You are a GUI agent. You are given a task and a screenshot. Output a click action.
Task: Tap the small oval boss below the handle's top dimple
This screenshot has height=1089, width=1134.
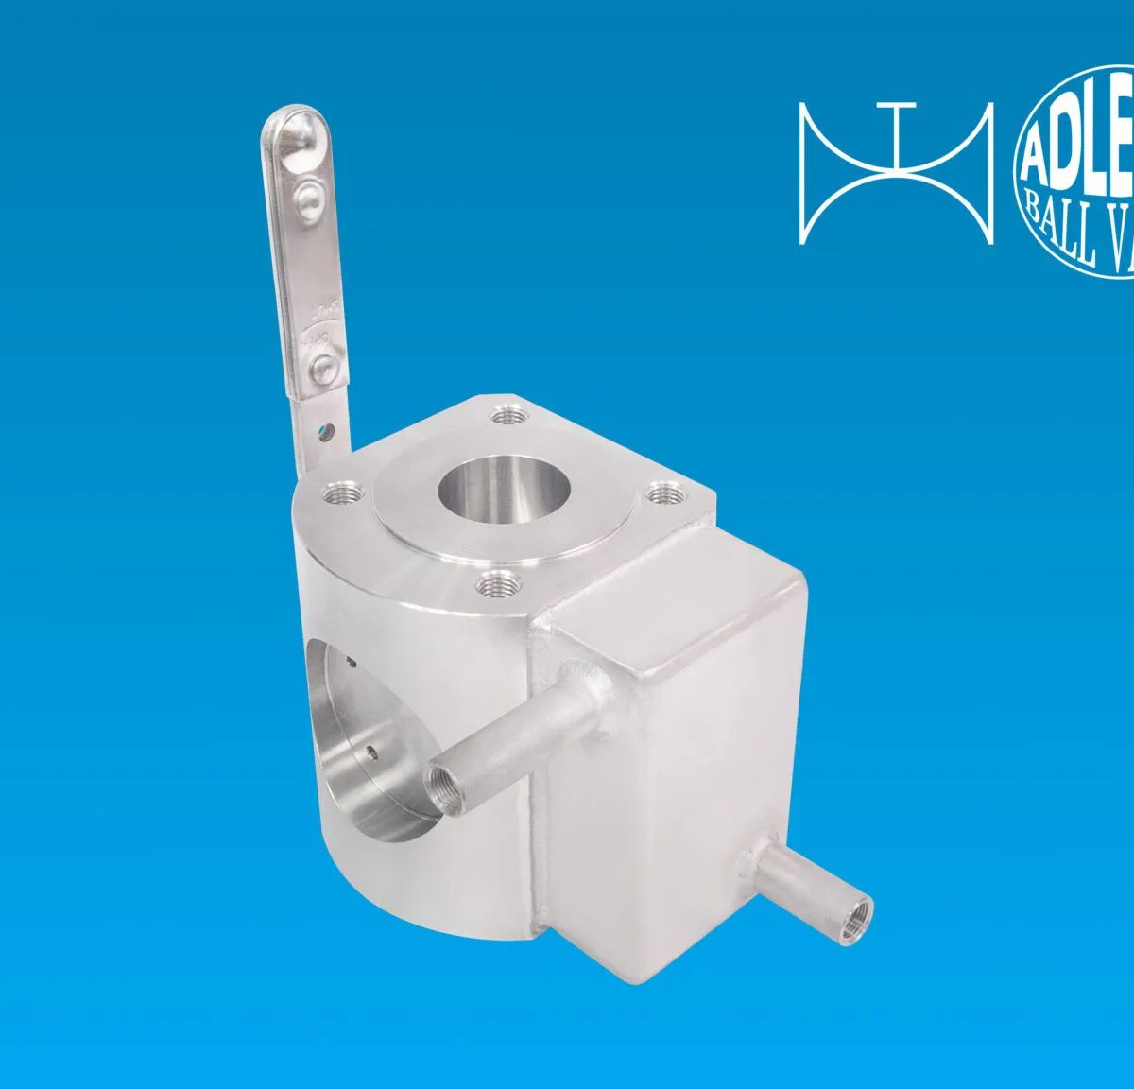pos(307,195)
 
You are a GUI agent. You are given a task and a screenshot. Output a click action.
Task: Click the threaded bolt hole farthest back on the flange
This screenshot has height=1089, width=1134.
pos(508,414)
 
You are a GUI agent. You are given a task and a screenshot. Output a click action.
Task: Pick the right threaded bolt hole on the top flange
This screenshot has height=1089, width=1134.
pos(666,493)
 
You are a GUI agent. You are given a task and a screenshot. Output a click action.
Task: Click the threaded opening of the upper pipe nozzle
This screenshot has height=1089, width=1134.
pos(442,784)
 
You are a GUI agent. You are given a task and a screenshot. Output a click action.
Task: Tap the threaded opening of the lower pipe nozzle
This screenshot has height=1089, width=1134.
pos(859,912)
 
